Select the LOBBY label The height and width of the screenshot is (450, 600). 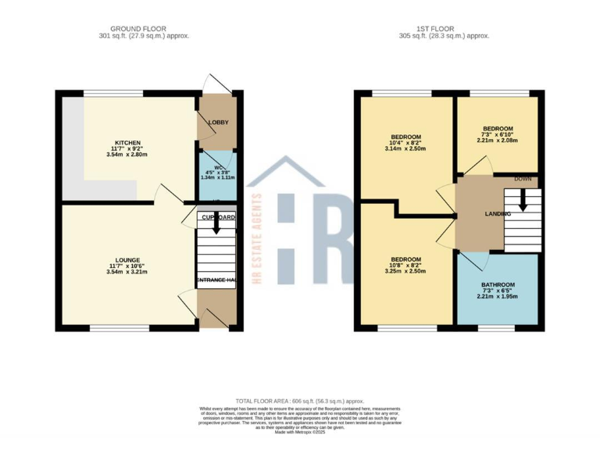(x=217, y=123)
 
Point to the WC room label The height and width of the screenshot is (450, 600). (x=217, y=166)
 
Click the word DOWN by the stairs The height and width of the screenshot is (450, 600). (x=523, y=179)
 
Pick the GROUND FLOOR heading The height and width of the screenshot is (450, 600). (x=144, y=29)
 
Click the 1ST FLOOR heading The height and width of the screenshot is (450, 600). (x=443, y=29)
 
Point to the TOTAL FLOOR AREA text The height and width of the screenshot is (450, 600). (x=299, y=401)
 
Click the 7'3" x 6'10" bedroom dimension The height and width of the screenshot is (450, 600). (x=498, y=134)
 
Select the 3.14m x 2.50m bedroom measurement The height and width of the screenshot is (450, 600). (x=405, y=149)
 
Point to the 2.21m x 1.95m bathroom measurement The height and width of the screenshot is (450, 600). (x=498, y=297)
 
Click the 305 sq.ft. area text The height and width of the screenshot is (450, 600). (x=443, y=36)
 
